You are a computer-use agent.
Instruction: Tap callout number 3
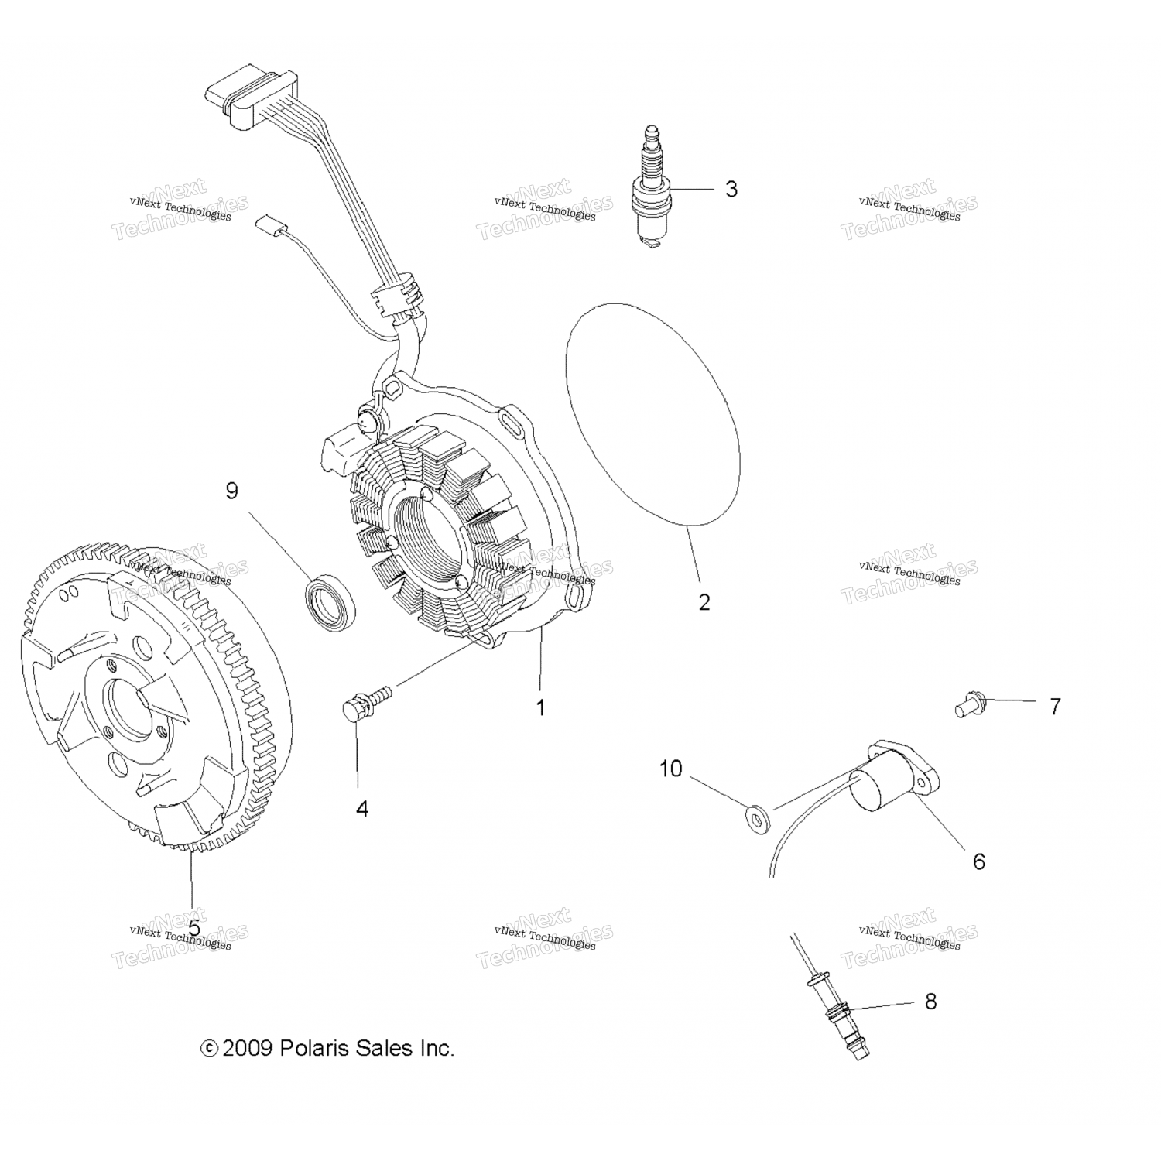pos(731,189)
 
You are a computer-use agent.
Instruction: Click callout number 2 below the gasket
pos(704,602)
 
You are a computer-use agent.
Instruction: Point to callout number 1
pos(541,707)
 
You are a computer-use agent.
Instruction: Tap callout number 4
pos(361,809)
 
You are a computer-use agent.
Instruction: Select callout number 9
pos(231,491)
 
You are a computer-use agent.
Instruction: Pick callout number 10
pos(670,769)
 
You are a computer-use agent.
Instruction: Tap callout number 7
pos(1055,706)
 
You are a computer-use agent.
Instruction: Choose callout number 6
pos(978,861)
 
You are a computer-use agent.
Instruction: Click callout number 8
pos(930,1002)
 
